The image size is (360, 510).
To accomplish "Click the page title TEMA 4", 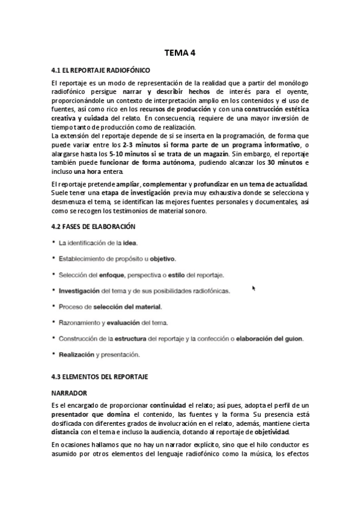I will [x=180, y=52].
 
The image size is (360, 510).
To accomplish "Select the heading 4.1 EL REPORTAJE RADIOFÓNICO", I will [x=97, y=70].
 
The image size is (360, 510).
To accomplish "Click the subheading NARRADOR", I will [x=70, y=392].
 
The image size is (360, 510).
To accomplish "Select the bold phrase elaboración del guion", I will [x=269, y=338].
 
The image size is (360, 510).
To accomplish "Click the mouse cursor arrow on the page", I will [x=254, y=288].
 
